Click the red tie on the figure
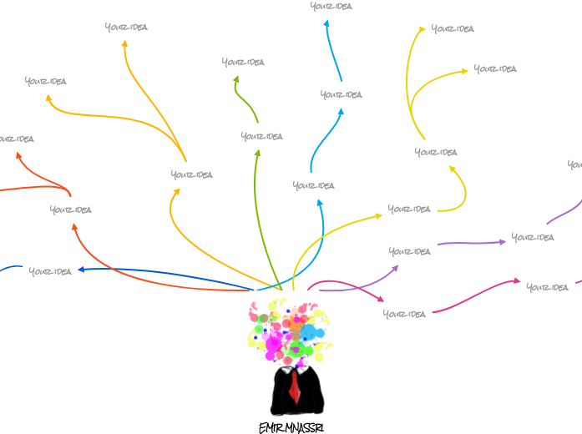click(x=295, y=386)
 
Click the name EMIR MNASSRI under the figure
click(x=291, y=427)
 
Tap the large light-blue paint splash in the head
click(x=310, y=332)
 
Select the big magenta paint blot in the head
click(x=274, y=342)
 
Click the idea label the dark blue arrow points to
click(x=50, y=271)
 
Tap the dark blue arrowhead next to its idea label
click(x=79, y=270)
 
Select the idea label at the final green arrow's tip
click(x=243, y=62)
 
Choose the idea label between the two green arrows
click(x=262, y=136)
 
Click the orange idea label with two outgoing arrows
click(x=192, y=174)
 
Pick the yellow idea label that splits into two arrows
click(x=436, y=152)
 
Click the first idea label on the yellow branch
click(x=409, y=209)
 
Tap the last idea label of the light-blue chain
click(x=331, y=6)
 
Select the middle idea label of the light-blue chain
click(x=341, y=94)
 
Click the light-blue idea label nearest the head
click(x=314, y=185)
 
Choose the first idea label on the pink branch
click(x=404, y=314)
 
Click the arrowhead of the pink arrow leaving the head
click(x=381, y=299)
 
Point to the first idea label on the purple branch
click(x=410, y=251)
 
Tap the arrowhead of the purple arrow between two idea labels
click(x=503, y=241)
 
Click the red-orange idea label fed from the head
click(x=71, y=209)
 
